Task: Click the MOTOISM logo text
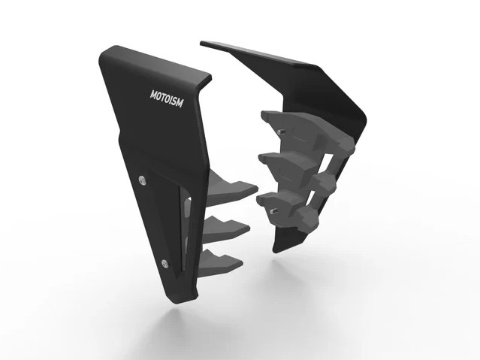(x=167, y=98)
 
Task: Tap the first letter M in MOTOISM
(x=152, y=95)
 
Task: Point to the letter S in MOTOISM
(x=174, y=101)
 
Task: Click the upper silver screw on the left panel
(x=142, y=180)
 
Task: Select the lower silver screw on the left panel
(x=165, y=264)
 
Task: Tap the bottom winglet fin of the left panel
(x=221, y=262)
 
